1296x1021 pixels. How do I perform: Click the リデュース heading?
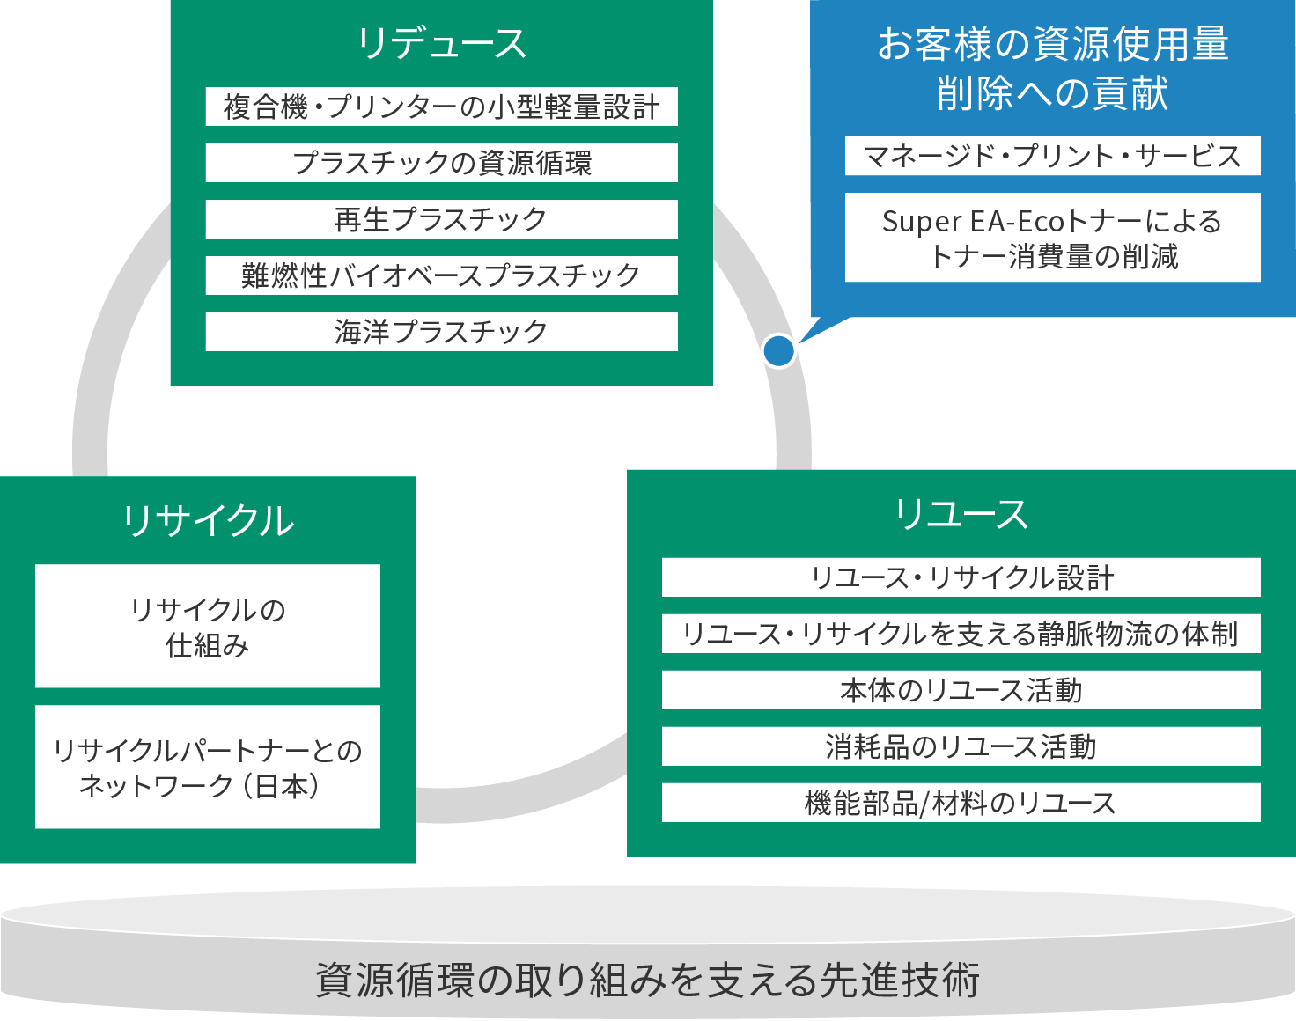pos(441,43)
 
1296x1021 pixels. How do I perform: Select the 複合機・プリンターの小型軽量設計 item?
pos(441,107)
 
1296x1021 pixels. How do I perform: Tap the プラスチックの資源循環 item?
pos(441,163)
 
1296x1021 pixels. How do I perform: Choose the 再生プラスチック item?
pos(441,219)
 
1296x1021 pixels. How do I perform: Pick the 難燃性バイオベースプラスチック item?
pos(441,275)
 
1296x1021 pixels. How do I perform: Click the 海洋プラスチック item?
pos(441,332)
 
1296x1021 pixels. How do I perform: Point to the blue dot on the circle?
pos(779,351)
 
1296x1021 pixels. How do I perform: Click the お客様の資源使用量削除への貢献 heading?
pos(1052,68)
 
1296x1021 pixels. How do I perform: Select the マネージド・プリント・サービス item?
pos(1052,156)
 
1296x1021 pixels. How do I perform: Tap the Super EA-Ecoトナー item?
pos(1052,238)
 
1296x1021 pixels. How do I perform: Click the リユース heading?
pos(961,514)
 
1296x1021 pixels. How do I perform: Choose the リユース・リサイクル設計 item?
pos(961,577)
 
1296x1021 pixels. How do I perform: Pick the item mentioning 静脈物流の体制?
pos(961,634)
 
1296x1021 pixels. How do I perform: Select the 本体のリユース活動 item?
pos(961,690)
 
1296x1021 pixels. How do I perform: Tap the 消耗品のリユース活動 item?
pos(961,746)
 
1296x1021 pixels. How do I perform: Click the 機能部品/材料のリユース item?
pos(961,803)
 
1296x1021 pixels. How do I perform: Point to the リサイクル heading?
pos(208,520)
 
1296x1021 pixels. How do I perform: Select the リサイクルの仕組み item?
pos(208,627)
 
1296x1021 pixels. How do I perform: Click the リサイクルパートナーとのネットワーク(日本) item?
pos(208,768)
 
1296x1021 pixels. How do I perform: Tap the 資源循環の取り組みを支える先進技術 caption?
pos(647,980)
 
